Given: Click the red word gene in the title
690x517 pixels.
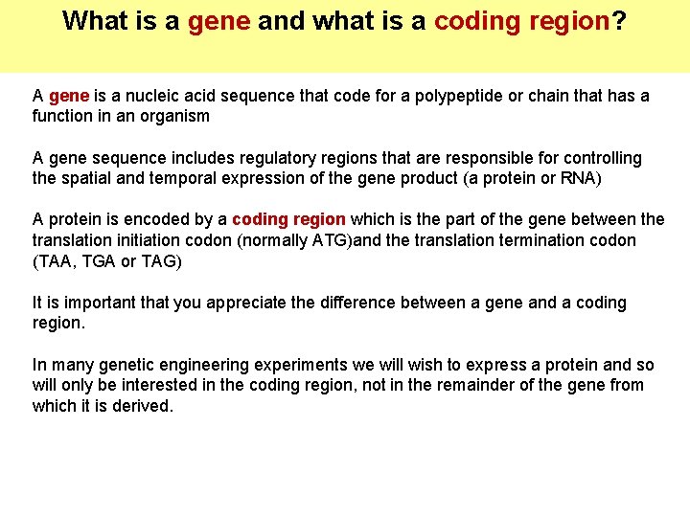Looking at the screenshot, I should [x=219, y=21].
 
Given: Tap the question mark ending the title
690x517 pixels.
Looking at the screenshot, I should [x=619, y=21].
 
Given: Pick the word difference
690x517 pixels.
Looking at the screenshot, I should [x=366, y=303].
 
